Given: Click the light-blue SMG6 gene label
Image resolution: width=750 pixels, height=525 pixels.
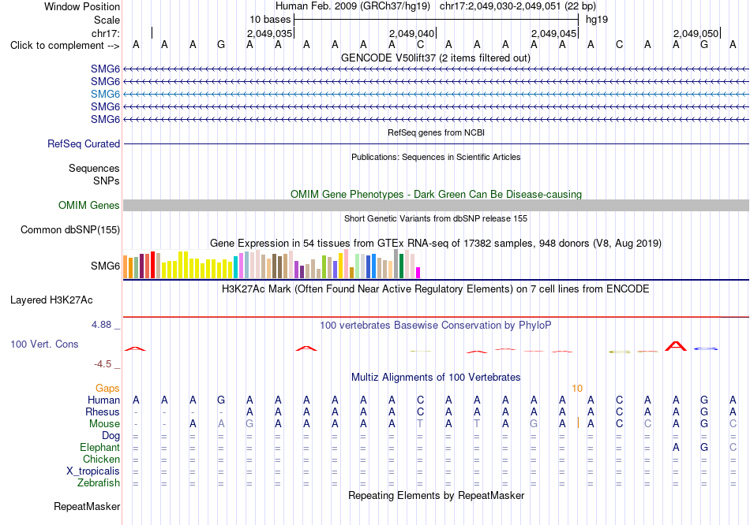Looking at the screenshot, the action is (105, 94).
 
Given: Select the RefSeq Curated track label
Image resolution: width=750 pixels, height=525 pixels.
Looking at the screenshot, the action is (84, 143).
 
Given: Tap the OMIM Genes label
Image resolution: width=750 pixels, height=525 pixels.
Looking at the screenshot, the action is (89, 206).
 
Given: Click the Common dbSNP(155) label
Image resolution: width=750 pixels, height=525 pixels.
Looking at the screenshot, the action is (70, 229).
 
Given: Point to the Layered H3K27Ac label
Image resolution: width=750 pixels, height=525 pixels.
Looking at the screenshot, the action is (51, 300).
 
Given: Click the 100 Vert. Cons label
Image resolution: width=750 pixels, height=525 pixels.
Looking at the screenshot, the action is (44, 344).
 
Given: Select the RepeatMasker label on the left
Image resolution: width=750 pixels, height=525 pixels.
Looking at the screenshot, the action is (87, 506).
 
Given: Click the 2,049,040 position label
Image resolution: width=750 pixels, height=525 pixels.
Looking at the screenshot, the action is (411, 33).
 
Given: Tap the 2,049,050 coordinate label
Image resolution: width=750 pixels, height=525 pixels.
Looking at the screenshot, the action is (696, 33).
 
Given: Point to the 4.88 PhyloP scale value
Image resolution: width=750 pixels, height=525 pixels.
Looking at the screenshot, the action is (101, 325).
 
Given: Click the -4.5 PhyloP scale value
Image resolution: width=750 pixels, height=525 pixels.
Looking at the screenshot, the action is (103, 364).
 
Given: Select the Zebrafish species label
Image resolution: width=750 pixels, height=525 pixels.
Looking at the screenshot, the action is (99, 483).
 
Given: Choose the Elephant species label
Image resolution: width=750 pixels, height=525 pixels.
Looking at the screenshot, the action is (100, 448).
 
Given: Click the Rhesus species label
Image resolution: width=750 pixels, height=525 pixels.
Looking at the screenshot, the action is (103, 411).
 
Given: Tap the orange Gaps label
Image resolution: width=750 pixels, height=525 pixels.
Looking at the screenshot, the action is (107, 389).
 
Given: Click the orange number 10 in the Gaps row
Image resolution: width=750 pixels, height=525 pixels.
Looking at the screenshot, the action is (577, 389).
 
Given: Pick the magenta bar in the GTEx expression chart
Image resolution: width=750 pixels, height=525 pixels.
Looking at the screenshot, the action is (418, 273).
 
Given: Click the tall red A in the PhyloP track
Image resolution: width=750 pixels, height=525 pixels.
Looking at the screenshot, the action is (675, 346).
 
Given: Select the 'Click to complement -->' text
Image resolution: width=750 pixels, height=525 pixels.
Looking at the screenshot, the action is (65, 46).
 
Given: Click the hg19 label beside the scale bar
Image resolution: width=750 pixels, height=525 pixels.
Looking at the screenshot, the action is (597, 20).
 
